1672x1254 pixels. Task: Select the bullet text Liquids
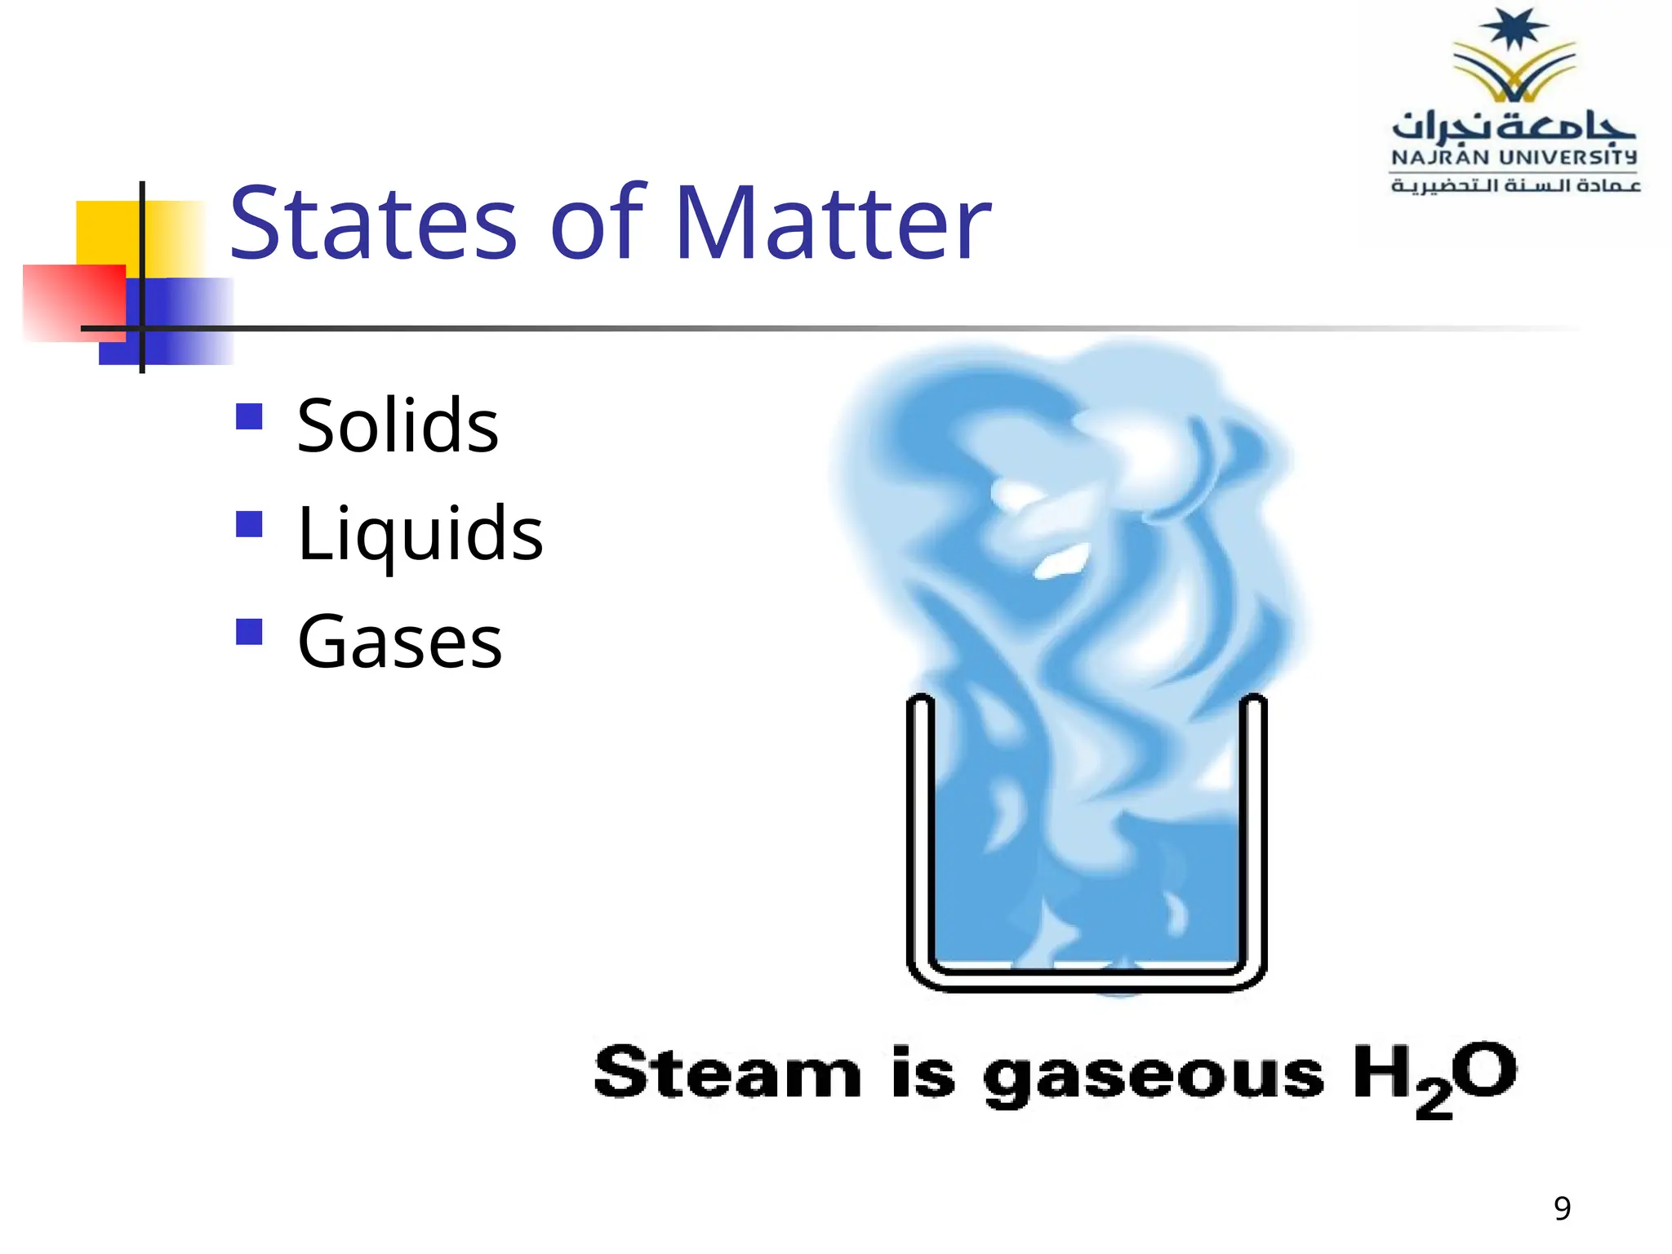[420, 534]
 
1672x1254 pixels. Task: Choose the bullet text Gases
[399, 643]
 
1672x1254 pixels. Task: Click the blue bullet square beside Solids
[249, 416]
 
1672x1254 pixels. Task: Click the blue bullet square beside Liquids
[249, 524]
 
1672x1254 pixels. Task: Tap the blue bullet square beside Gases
[249, 632]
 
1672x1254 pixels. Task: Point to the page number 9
[1562, 1208]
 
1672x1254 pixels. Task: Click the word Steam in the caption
[727, 1073]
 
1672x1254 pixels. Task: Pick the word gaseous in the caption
[1153, 1076]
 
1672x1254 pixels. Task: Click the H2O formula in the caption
[1434, 1076]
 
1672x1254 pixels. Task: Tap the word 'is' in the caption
[923, 1073]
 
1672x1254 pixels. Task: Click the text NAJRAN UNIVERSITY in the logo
[1514, 157]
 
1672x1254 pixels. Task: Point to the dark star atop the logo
[1514, 29]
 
